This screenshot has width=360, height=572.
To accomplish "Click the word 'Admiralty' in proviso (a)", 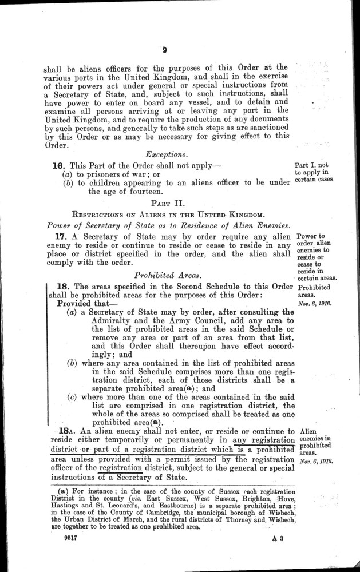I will (113, 323).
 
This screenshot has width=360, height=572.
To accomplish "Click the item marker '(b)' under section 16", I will (69, 183).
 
